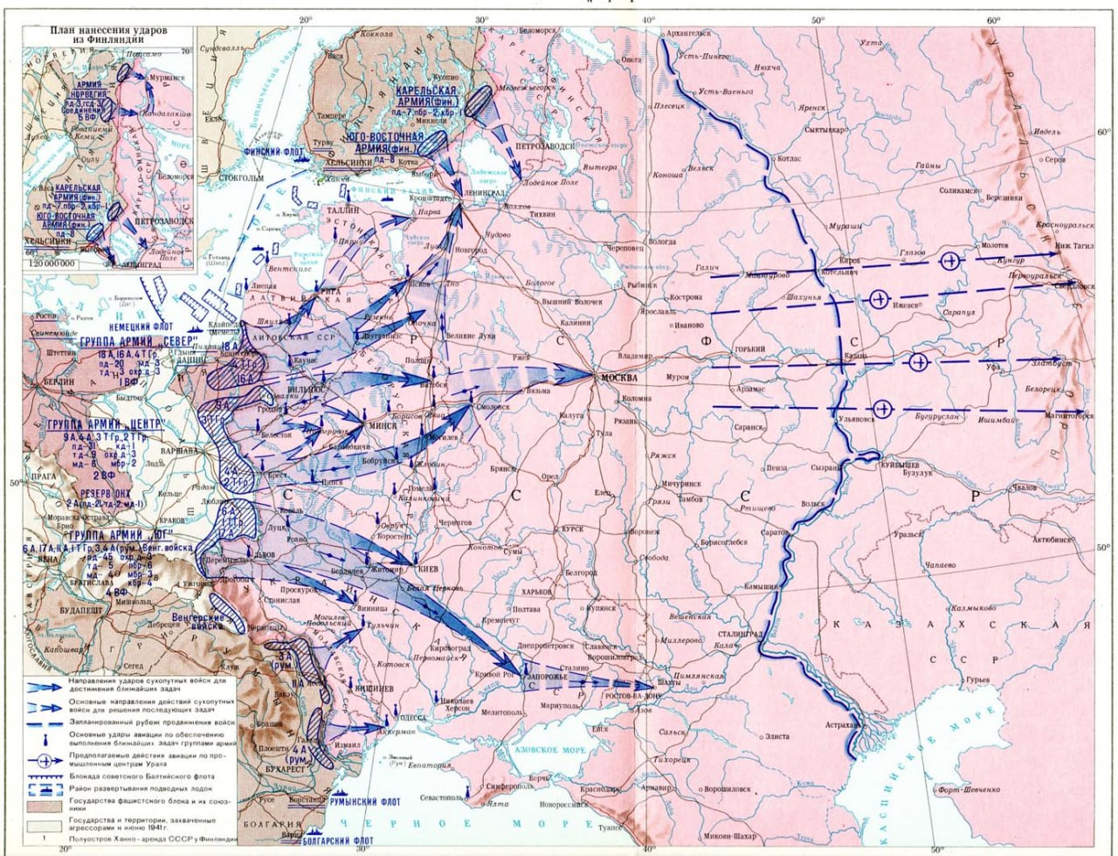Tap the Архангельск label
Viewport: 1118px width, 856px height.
(688, 33)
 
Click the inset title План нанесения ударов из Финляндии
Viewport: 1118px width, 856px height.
(108, 36)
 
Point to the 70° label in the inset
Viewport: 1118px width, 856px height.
(184, 52)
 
